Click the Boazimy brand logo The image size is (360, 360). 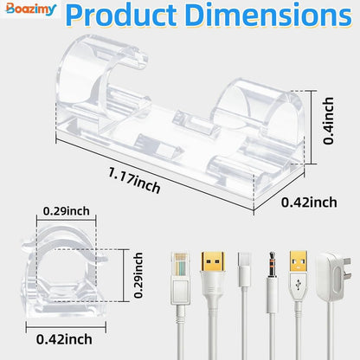click(x=30, y=9)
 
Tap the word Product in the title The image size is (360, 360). click(x=121, y=15)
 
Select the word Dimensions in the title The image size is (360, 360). click(x=268, y=15)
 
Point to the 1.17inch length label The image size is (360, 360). click(x=134, y=181)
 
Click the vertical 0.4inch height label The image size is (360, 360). click(x=329, y=120)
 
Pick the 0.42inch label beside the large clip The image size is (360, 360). click(x=309, y=202)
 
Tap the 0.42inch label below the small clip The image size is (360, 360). click(x=64, y=339)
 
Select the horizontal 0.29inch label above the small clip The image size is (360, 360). click(x=67, y=211)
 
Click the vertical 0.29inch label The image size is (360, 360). click(x=138, y=275)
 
